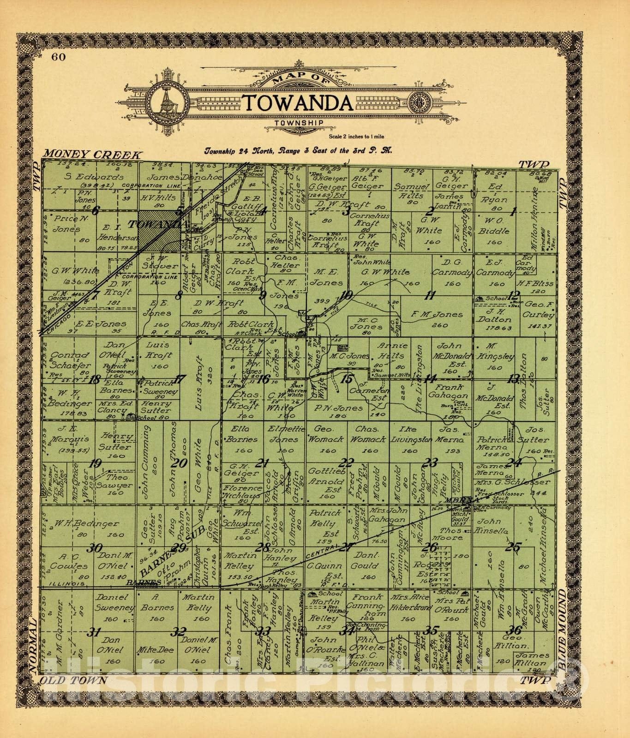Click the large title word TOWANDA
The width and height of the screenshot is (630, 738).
298,104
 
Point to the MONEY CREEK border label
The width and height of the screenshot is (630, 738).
92,155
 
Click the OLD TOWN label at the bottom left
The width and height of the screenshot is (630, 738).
73,680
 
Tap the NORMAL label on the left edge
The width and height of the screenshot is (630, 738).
32,646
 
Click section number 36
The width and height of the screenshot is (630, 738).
513,631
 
